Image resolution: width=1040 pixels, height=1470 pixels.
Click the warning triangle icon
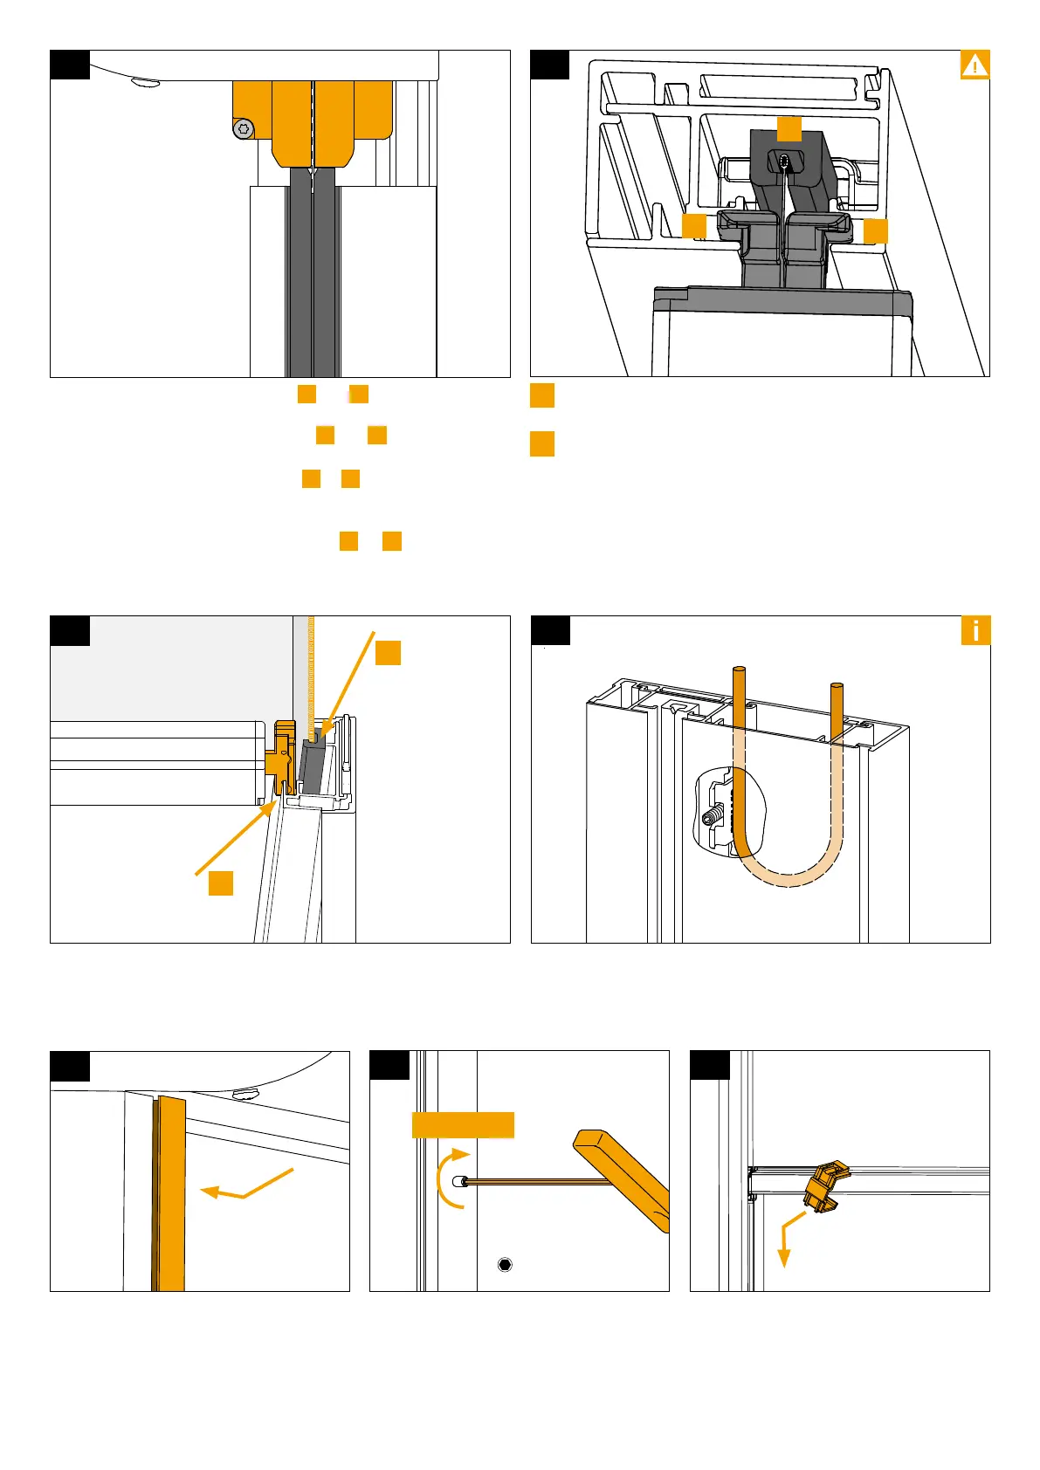click(975, 65)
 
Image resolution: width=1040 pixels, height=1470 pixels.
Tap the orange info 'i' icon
click(975, 630)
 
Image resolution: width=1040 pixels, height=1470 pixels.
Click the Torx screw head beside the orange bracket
click(244, 129)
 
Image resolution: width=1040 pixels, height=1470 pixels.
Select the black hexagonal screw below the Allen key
click(504, 1264)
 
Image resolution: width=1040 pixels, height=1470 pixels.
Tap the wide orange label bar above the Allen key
click(463, 1124)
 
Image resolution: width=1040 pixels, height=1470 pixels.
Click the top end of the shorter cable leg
click(836, 690)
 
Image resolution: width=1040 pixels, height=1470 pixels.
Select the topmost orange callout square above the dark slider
click(789, 128)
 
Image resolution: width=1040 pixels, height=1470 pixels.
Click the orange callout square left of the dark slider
click(693, 226)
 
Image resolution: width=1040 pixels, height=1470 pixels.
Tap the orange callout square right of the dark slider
click(875, 230)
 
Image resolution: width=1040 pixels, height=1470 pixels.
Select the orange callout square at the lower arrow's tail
click(221, 883)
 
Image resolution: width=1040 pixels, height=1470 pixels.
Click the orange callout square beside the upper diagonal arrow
click(388, 653)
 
